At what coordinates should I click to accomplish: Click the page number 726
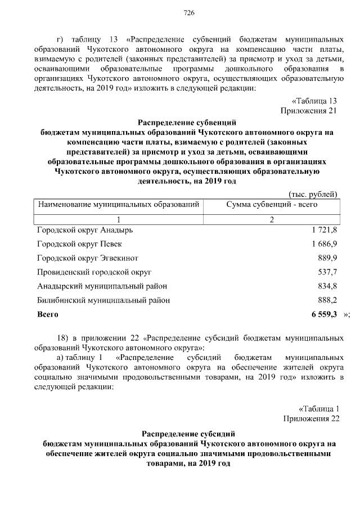click(189, 13)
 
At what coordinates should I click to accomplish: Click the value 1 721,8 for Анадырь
click(323, 231)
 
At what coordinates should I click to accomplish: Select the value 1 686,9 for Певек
click(323, 245)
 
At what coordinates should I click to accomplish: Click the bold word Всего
click(47, 314)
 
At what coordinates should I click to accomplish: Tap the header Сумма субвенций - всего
click(272, 205)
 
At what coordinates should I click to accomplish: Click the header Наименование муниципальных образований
click(119, 205)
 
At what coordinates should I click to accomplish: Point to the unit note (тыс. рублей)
click(312, 194)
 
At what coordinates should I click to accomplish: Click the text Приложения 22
click(312, 418)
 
